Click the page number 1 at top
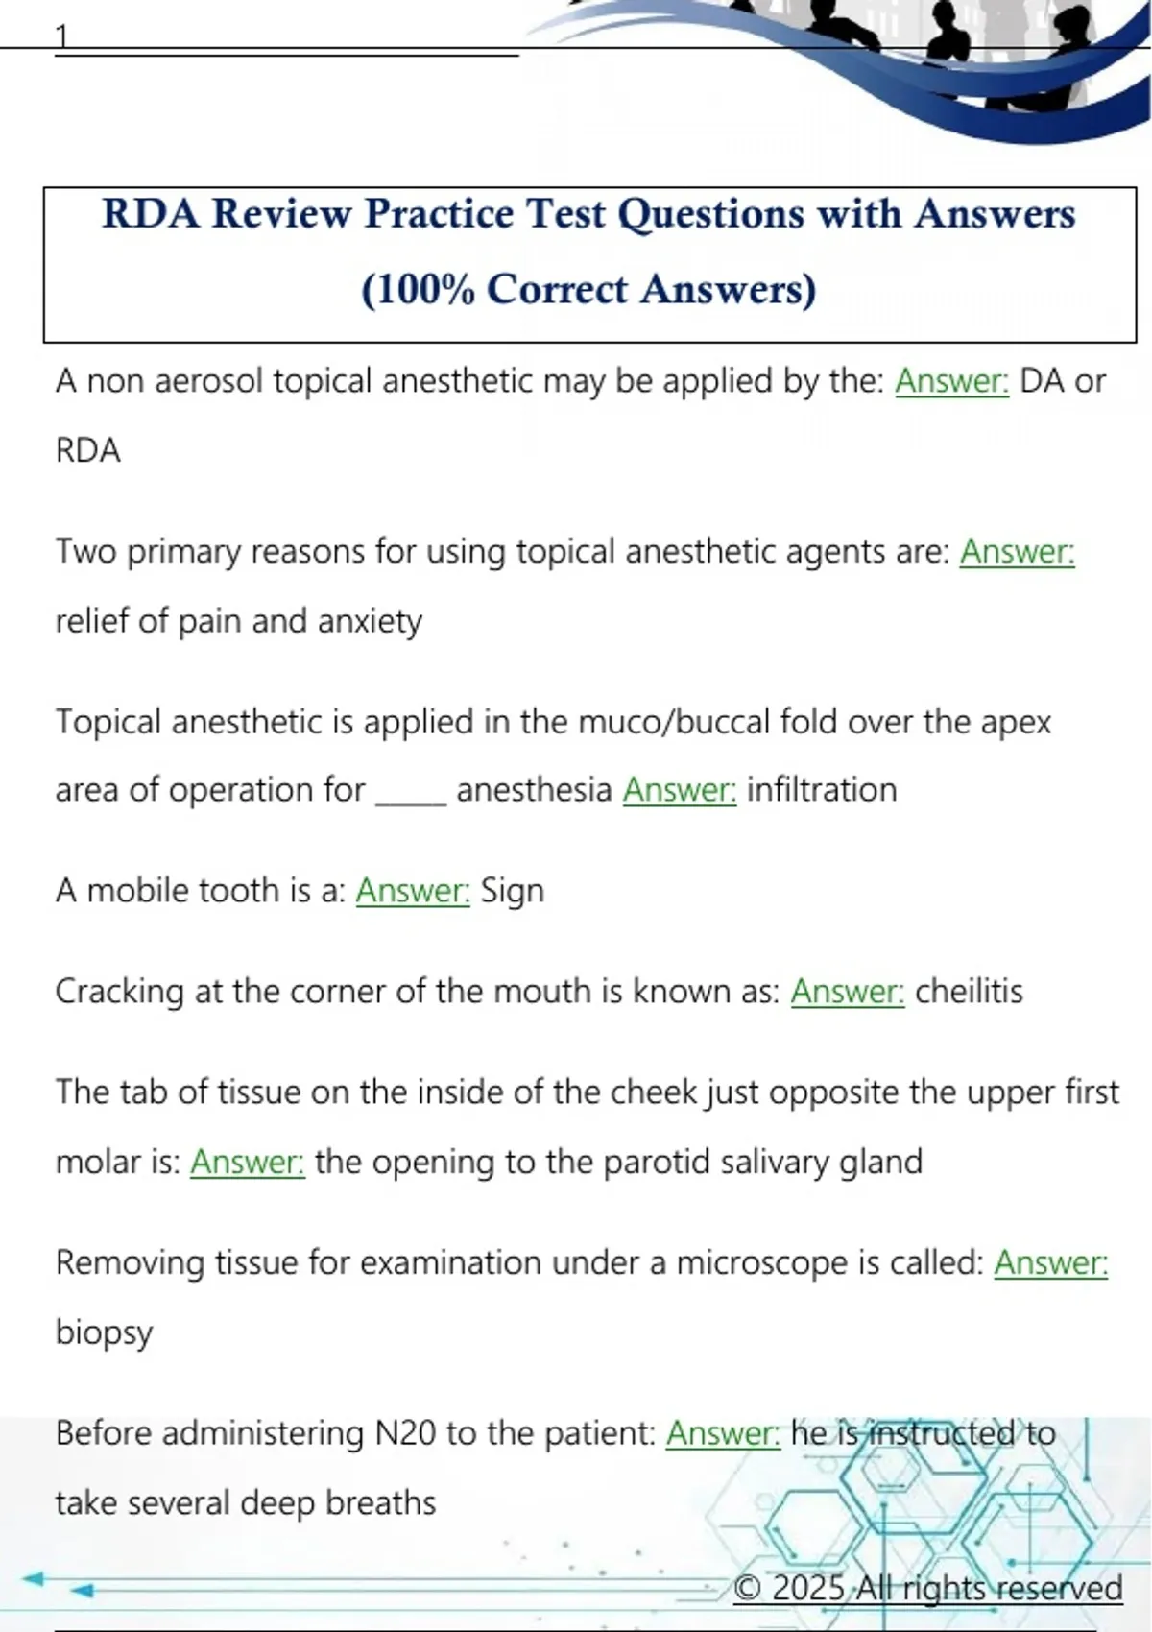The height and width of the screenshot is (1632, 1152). point(61,36)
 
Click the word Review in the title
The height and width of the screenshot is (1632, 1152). point(281,214)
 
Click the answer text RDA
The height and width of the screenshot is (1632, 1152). point(88,451)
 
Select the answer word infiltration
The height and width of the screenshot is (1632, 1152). point(822,790)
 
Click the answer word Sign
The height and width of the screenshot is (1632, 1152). point(512,891)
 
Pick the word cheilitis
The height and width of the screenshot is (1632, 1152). point(969,992)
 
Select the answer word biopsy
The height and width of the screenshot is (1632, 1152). point(104,1333)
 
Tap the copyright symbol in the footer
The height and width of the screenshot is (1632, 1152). point(748,1588)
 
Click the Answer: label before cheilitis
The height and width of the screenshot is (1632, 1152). point(848,992)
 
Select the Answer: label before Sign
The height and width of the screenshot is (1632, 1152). point(413,891)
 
